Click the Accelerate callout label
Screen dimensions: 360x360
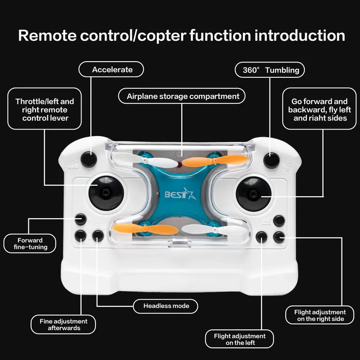(112, 69)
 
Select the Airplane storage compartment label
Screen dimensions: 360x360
(182, 96)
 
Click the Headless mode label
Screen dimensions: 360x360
(166, 306)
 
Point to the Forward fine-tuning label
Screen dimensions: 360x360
(30, 243)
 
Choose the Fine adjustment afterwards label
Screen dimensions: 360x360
(63, 324)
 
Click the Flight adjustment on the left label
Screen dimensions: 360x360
(239, 339)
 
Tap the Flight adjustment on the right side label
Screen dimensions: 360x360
(319, 315)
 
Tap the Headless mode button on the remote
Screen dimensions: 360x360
(98, 235)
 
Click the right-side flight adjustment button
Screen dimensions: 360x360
(279, 236)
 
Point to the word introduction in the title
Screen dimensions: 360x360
(300, 36)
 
